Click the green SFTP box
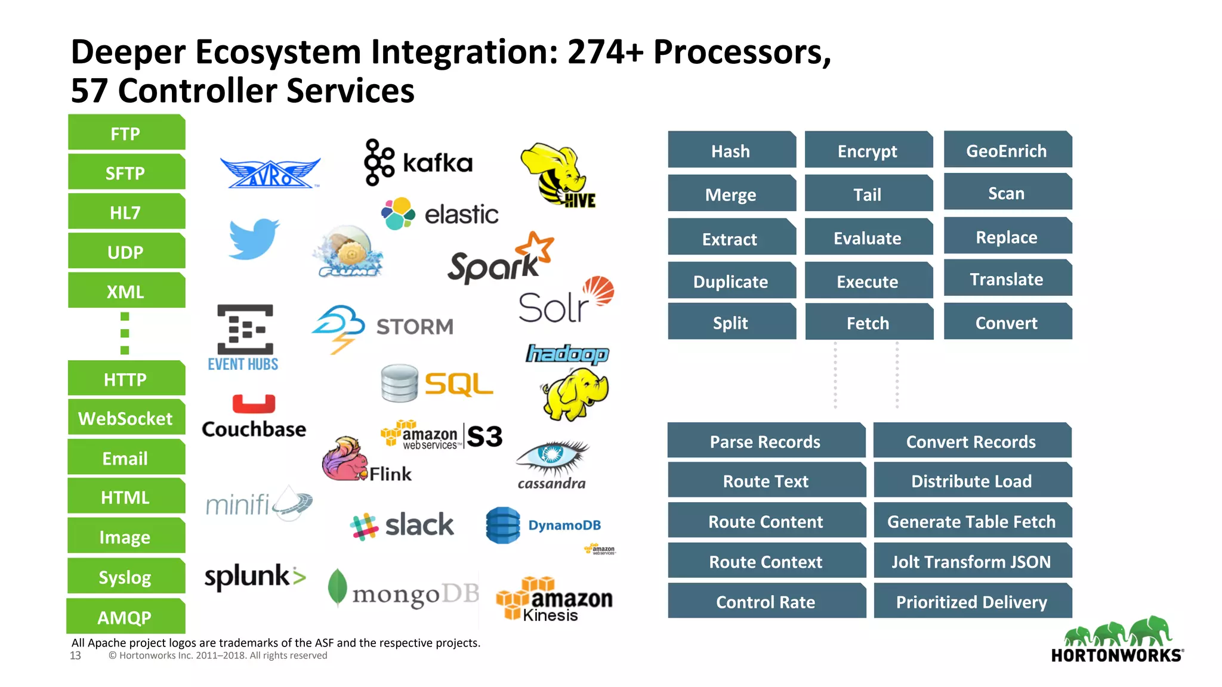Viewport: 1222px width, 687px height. click(126, 173)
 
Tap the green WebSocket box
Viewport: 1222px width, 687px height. click(126, 418)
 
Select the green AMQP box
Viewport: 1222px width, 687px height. click(125, 617)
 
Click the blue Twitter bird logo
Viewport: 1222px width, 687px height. click(254, 239)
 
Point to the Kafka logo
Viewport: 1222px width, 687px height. click(418, 162)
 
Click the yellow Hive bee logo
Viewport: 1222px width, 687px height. click(557, 173)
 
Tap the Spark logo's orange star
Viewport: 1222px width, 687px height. click(535, 247)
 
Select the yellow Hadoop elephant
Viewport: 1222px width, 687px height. click(575, 393)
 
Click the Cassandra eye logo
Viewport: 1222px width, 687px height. click(552, 456)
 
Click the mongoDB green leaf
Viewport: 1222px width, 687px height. click(337, 587)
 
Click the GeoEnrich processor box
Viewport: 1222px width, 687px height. click(1007, 150)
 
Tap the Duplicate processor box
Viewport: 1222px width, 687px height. click(731, 281)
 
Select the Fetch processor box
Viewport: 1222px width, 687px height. click(868, 323)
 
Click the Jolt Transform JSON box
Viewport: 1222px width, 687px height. click(971, 561)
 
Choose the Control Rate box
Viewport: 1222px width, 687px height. click(766, 602)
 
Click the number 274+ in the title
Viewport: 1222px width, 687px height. click(606, 52)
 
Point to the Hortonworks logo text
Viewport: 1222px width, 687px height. click(1116, 655)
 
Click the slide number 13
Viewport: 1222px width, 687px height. click(75, 655)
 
